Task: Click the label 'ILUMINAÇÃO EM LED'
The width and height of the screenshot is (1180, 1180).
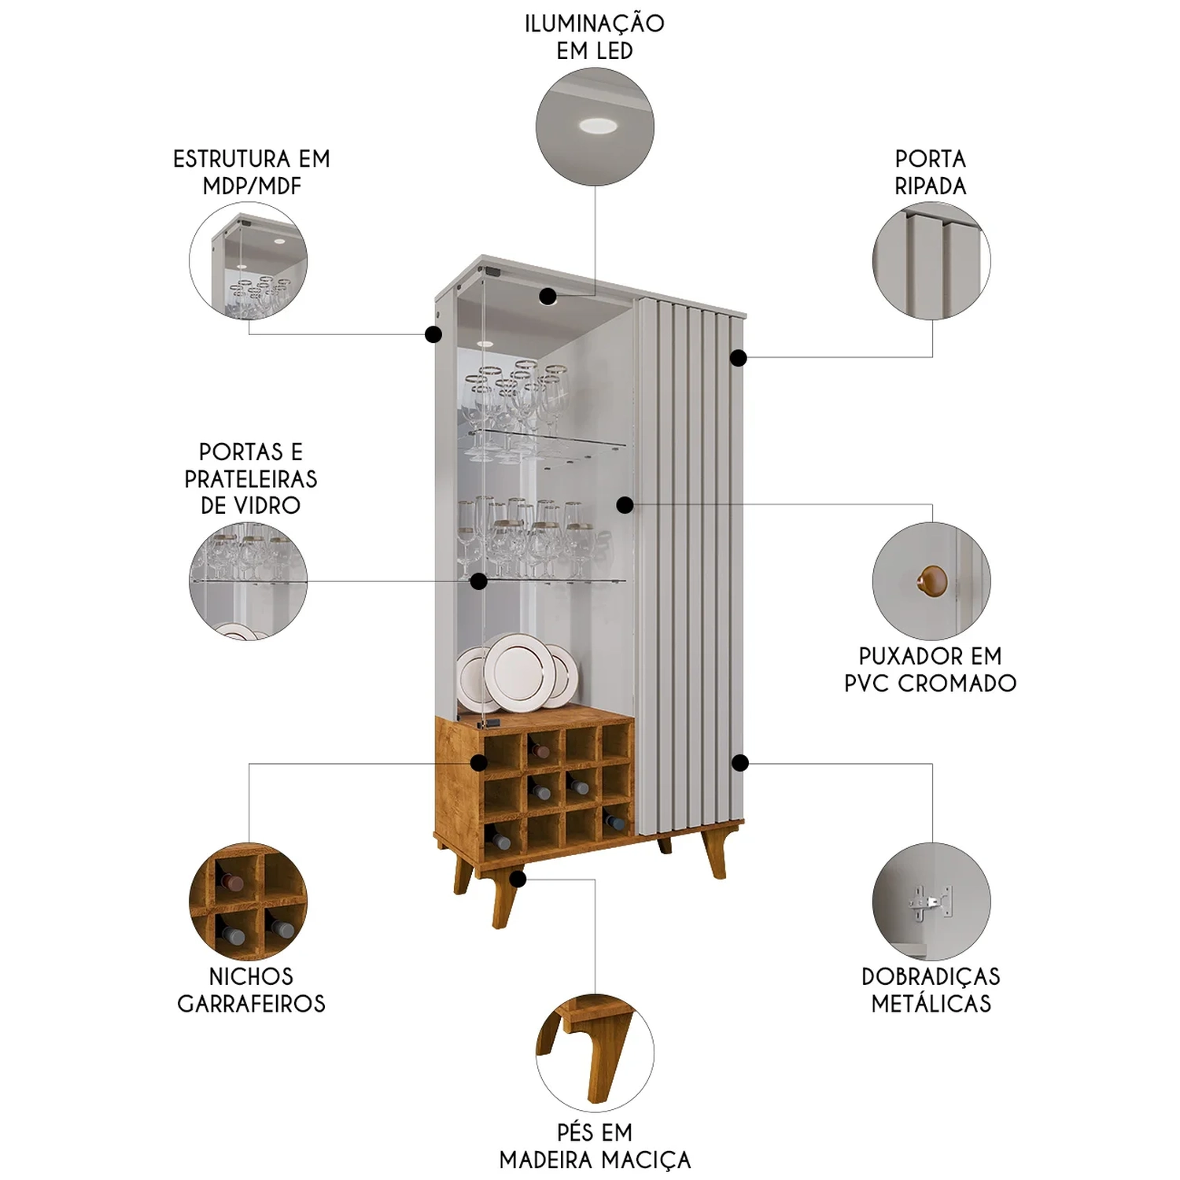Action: pos(595,37)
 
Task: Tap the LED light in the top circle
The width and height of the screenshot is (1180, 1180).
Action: pos(599,124)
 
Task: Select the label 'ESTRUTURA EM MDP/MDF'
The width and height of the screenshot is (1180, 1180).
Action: pos(251,172)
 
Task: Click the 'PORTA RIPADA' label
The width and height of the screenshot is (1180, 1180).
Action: pos(931,172)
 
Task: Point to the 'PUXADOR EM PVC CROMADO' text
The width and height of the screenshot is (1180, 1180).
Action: pos(931,669)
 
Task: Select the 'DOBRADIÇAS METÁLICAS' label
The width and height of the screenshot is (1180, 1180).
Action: pos(931,990)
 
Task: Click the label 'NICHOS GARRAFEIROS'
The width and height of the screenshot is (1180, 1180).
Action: pos(251,990)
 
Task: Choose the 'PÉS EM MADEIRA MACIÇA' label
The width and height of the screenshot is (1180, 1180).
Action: pos(595,1146)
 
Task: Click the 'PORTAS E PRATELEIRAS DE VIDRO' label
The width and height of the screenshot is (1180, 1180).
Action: pos(251,478)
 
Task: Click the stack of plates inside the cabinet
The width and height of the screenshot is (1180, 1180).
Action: pos(516,673)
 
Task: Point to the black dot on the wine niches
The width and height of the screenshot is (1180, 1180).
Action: pos(478,762)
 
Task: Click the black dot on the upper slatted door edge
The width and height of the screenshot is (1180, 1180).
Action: pos(738,358)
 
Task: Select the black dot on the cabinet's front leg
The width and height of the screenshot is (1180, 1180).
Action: pos(517,879)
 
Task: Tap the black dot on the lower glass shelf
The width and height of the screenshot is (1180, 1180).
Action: pos(478,581)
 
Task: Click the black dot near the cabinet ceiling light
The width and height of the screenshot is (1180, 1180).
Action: pos(548,296)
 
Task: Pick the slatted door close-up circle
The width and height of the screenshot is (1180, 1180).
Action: pos(931,260)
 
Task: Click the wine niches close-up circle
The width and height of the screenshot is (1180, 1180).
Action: pos(249,902)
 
